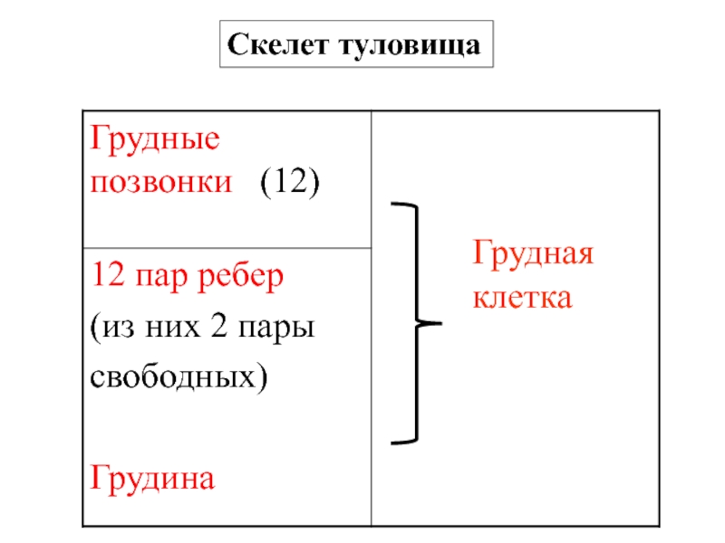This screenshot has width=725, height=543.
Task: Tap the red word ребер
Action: (x=237, y=276)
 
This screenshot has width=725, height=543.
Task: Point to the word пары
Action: (x=275, y=327)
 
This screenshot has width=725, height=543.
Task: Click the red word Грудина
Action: (x=151, y=477)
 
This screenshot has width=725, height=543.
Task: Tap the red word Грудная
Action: (x=530, y=256)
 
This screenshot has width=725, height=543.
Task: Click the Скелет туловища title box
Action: (x=354, y=45)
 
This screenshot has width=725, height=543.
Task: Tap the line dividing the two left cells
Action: (x=227, y=248)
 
